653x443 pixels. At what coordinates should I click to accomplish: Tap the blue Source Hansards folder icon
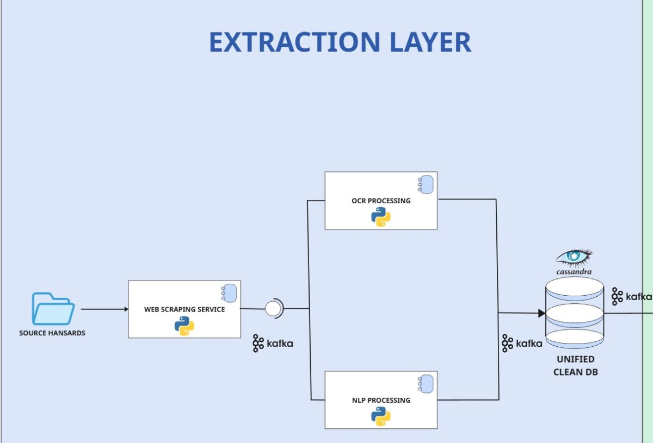click(53, 309)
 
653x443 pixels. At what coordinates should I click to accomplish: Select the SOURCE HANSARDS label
click(52, 333)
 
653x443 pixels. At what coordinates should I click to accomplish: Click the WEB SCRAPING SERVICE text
click(184, 309)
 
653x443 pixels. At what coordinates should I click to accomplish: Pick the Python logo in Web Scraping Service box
click(184, 326)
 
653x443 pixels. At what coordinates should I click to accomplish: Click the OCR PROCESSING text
click(381, 201)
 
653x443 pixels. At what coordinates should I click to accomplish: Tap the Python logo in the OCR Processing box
click(381, 217)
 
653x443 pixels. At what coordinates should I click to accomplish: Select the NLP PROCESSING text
click(381, 400)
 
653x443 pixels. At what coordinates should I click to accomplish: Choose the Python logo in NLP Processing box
click(381, 416)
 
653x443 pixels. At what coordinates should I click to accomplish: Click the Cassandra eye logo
click(574, 257)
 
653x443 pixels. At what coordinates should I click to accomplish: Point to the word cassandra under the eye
click(574, 271)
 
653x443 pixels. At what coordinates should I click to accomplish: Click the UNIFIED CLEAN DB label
click(575, 366)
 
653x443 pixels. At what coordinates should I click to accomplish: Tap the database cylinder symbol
click(575, 313)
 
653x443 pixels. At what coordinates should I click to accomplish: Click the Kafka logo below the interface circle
click(273, 344)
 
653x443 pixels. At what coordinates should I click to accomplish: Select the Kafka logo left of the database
click(522, 344)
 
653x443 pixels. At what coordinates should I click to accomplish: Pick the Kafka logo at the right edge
click(631, 297)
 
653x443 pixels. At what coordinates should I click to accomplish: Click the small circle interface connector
click(273, 309)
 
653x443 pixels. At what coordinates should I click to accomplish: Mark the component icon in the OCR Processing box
click(425, 185)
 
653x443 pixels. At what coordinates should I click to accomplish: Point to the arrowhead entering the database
click(541, 313)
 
